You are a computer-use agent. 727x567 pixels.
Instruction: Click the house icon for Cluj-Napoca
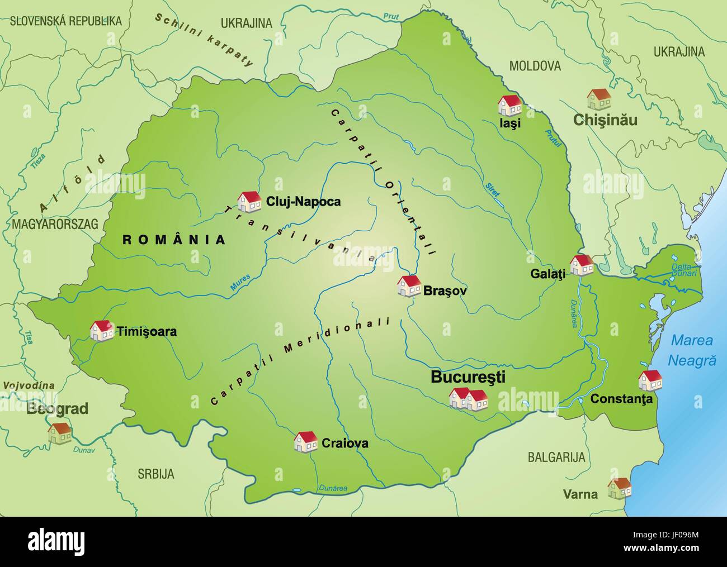click(249, 201)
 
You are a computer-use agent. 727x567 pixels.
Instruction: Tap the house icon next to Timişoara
click(102, 330)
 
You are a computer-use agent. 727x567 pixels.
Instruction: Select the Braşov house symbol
click(409, 285)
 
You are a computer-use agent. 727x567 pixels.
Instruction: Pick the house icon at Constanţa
click(650, 380)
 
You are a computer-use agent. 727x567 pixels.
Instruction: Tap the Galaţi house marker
click(582, 265)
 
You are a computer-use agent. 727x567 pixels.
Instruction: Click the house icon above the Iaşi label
click(509, 104)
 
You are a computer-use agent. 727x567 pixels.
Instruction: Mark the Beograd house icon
click(59, 433)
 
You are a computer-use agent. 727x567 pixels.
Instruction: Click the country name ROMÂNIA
click(174, 240)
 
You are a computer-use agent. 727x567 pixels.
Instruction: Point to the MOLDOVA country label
click(535, 66)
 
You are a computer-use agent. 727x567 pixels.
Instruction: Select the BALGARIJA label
click(556, 458)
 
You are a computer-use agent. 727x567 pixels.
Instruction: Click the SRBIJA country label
click(156, 474)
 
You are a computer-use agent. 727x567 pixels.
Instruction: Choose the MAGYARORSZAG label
click(54, 224)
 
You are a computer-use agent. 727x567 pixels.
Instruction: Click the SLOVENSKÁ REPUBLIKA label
click(65, 21)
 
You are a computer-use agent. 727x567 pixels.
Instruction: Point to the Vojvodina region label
click(29, 385)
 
